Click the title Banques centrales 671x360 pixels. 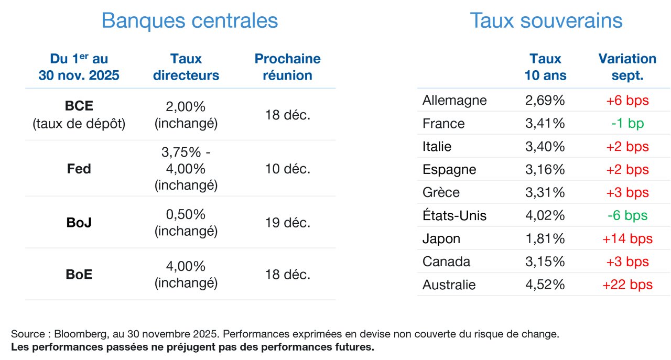(x=190, y=20)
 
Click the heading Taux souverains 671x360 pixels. (x=546, y=20)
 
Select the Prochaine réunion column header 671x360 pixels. (x=288, y=67)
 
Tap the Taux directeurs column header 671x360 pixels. (x=186, y=67)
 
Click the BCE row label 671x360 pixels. (x=79, y=106)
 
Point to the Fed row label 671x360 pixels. (x=79, y=169)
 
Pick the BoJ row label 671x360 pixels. (x=79, y=223)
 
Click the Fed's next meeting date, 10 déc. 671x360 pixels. (x=288, y=169)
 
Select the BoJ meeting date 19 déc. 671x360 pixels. (x=288, y=223)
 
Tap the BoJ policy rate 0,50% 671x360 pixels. (x=186, y=214)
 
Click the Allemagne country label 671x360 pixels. (x=454, y=101)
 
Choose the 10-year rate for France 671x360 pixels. (x=545, y=123)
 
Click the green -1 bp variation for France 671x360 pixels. (x=627, y=123)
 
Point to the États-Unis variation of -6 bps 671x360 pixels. (x=627, y=215)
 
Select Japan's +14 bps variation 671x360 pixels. (x=627, y=239)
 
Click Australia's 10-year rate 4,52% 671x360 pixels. (x=545, y=285)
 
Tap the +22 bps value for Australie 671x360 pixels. (x=627, y=285)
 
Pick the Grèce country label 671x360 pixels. (x=441, y=192)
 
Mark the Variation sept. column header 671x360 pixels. (x=627, y=67)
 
